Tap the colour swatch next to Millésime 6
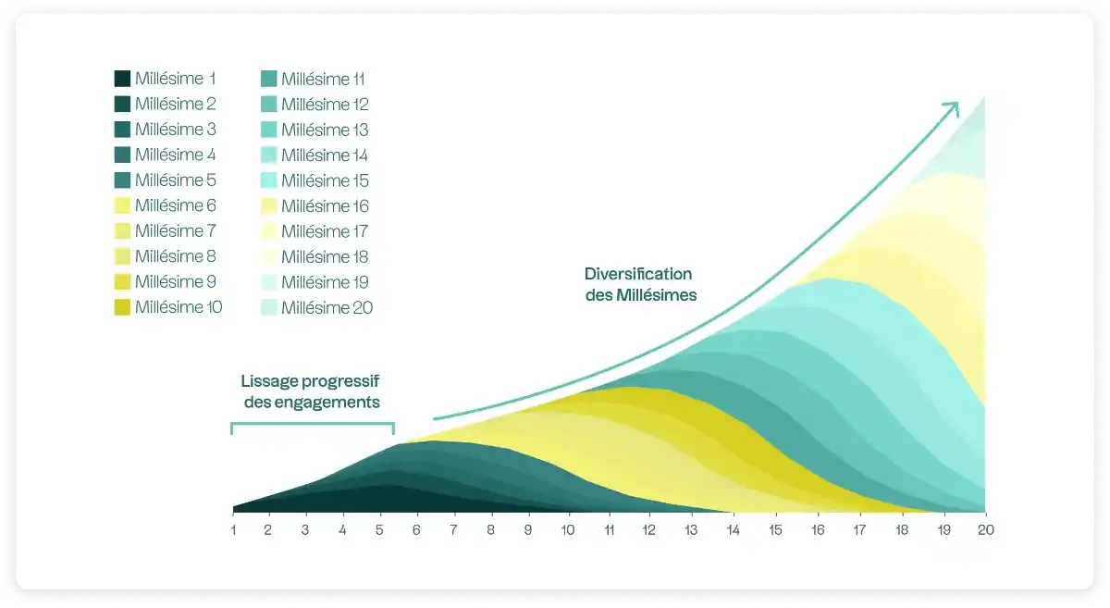122,205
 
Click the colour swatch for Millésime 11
268,79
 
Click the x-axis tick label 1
233,530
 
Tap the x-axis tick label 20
984,530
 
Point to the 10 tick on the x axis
568,530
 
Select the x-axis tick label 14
734,530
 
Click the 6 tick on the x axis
416,530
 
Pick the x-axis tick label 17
859,530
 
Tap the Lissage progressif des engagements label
312,391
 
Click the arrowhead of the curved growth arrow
953,107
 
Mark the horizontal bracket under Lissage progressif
313,425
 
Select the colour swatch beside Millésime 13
268,130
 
